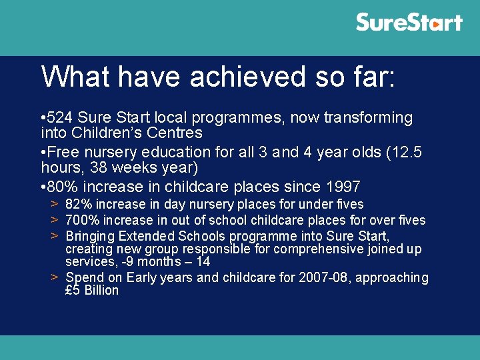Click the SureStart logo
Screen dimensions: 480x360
click(x=409, y=22)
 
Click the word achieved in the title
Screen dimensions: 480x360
click(x=247, y=76)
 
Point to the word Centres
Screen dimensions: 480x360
click(x=174, y=133)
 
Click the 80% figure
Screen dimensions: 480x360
click(x=62, y=187)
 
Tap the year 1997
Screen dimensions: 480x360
click(x=343, y=187)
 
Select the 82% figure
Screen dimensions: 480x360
click(x=79, y=204)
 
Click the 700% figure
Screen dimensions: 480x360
click(x=83, y=220)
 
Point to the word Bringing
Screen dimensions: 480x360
click(x=90, y=237)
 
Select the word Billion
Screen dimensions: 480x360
click(x=101, y=290)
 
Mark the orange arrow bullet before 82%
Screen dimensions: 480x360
click(x=55, y=204)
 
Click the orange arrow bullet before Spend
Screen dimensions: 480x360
click(x=55, y=277)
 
